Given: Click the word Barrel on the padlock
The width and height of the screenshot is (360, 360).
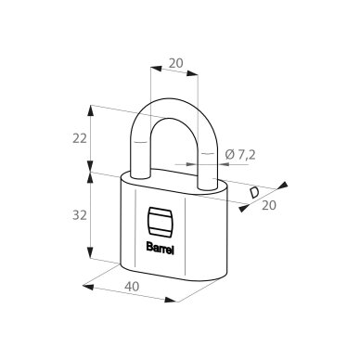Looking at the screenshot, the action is point(160,249).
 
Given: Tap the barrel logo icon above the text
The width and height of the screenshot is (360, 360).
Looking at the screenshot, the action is point(160,222).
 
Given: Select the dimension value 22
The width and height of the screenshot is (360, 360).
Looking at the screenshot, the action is point(80,139).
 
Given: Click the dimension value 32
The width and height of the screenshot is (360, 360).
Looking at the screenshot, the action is point(80,215).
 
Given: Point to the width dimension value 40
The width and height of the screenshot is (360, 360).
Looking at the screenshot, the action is point(132,287).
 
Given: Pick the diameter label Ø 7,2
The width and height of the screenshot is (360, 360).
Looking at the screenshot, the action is point(240,155).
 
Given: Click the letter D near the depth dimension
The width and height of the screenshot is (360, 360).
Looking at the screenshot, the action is point(254,193).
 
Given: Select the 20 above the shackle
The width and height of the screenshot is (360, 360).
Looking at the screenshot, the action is point(176,63).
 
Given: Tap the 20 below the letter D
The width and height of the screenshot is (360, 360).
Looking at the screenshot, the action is point(269,205).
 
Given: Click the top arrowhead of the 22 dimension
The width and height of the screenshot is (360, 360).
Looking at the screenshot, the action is point(90,110).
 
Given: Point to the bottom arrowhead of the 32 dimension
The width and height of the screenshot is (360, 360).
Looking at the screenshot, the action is point(90,252).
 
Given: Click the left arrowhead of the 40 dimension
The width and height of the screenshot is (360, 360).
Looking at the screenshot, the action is point(88,287).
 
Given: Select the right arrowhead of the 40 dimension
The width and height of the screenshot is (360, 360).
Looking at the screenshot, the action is point(170,300).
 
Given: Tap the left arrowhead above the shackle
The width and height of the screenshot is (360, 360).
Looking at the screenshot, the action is point(156,69).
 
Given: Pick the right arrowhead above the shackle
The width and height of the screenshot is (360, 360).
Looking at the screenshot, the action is point(192,73).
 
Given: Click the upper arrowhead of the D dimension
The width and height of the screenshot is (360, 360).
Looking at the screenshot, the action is point(283,185).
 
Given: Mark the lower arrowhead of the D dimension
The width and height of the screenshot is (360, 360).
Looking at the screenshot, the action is point(244,208).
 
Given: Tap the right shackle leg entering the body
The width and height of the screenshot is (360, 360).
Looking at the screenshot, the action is point(208,184).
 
